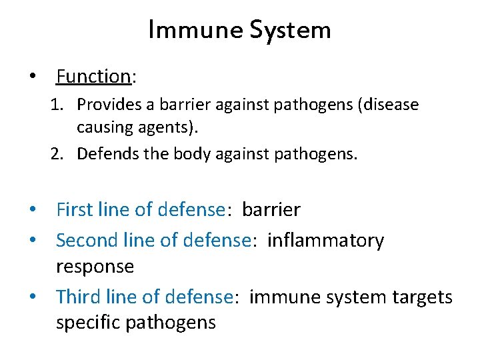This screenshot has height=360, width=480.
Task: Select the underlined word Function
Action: tap(93, 77)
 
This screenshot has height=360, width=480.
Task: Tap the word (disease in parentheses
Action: tap(389, 105)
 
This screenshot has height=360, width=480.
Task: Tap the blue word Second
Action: tap(87, 240)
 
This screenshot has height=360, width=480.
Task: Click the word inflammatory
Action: tap(325, 240)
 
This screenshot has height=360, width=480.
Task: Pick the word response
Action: tap(95, 267)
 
